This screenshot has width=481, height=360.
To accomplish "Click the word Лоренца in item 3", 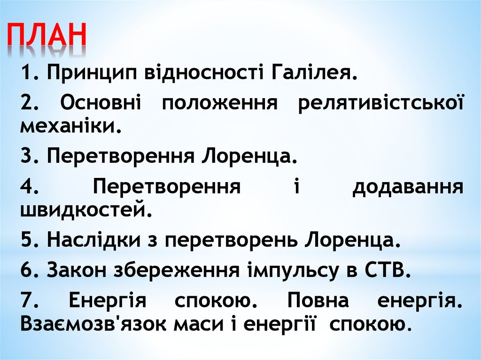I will (250, 155).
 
